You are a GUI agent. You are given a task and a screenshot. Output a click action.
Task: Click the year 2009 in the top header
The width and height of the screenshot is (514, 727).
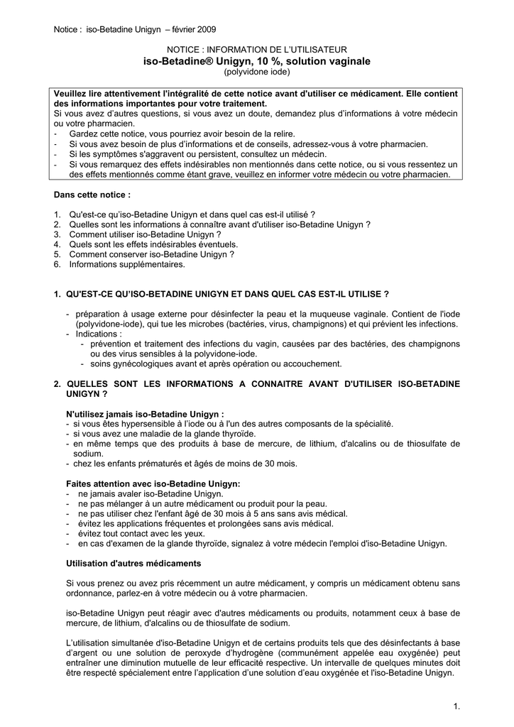point(207,29)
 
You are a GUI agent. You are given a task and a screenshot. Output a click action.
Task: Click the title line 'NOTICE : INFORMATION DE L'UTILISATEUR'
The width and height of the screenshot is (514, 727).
point(257,50)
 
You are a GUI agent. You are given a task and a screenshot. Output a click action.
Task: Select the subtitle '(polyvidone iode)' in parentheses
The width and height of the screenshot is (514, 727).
point(257,72)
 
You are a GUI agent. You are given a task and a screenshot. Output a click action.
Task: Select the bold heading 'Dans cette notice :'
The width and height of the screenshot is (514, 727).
point(92,194)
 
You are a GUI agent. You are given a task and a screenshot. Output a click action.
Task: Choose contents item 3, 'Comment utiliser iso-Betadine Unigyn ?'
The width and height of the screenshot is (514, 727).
point(145,234)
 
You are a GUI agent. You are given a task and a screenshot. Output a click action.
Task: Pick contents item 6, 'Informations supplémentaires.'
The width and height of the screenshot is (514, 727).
point(127,264)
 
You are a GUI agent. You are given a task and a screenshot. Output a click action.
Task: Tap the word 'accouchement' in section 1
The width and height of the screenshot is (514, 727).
point(311,363)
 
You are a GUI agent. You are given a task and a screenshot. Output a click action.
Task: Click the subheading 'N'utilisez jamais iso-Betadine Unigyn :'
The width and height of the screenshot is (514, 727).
point(145,413)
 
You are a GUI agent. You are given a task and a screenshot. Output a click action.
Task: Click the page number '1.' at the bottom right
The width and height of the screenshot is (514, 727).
point(456,706)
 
